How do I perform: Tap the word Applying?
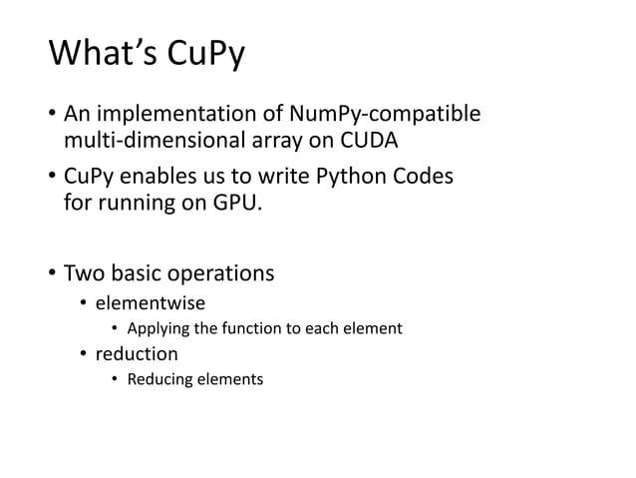[157, 328]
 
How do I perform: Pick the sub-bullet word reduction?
[137, 353]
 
